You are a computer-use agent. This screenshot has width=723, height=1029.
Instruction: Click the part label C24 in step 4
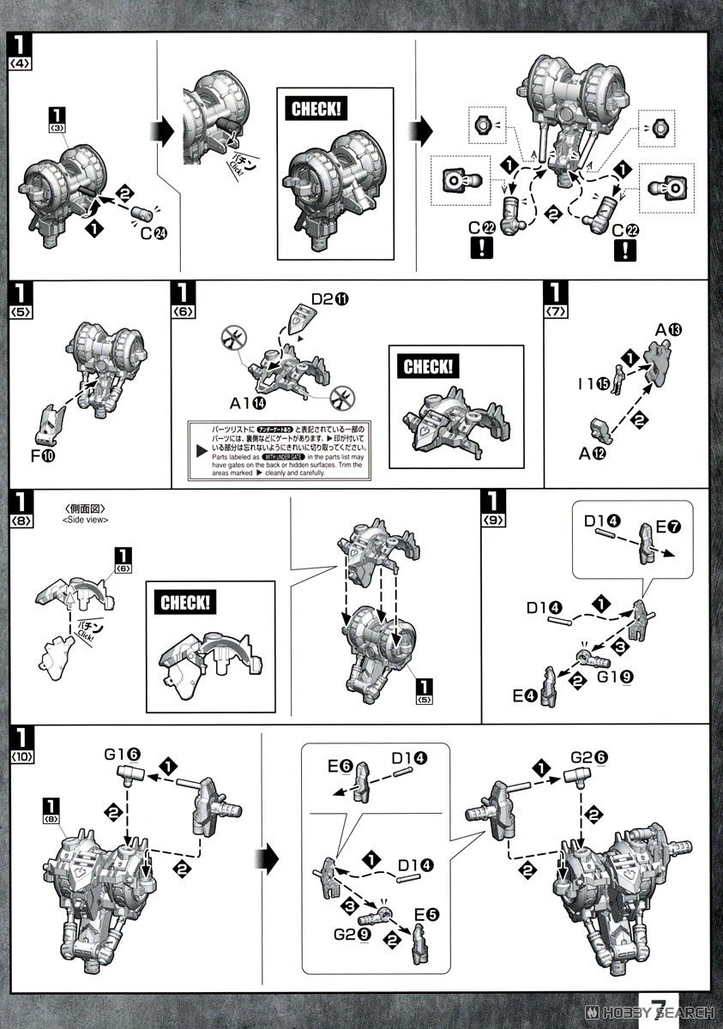coord(151,229)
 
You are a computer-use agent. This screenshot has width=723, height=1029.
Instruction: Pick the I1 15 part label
coord(596,382)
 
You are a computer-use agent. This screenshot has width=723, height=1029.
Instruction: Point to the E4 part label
coord(526,695)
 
